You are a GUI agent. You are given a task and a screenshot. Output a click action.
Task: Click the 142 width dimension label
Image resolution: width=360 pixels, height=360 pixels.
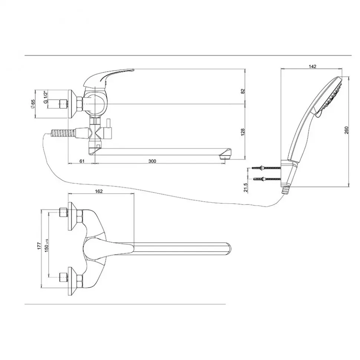pyautogui.click(x=312, y=66)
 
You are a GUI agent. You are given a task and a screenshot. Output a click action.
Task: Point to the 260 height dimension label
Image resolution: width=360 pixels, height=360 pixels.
pyautogui.click(x=347, y=130)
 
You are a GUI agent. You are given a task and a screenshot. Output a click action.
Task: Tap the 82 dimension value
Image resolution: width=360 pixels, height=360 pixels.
pyautogui.click(x=243, y=91)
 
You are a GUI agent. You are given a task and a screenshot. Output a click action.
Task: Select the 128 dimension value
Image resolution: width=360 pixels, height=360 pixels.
pyautogui.click(x=243, y=132)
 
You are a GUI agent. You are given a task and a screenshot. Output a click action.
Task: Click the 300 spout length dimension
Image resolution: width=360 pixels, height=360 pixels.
pyautogui.click(x=152, y=161)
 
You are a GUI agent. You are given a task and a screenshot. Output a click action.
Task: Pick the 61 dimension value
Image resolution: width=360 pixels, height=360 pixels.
pyautogui.click(x=82, y=161)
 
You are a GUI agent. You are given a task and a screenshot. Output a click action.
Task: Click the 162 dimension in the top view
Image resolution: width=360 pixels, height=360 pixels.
pyautogui.click(x=99, y=191)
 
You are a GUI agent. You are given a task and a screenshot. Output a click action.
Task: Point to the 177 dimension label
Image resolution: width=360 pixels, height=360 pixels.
pyautogui.click(x=39, y=246)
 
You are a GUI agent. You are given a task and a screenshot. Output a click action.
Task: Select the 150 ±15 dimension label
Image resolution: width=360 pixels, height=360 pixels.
pyautogui.click(x=47, y=246)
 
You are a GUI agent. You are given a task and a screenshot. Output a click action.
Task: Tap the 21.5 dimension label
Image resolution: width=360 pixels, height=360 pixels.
pyautogui.click(x=246, y=187)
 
